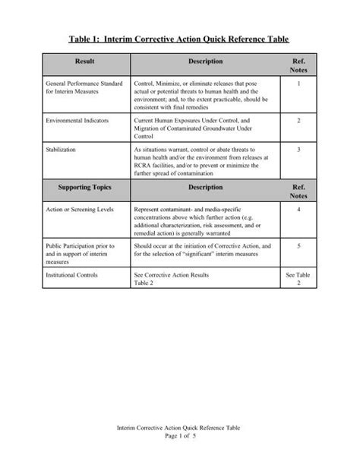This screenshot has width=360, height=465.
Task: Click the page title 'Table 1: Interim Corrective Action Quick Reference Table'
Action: tap(180, 38)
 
